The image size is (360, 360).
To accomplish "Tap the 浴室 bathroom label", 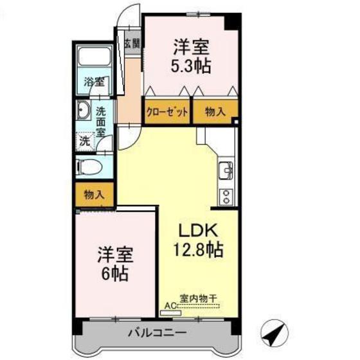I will (94, 82).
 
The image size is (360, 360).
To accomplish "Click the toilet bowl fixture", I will (88, 168).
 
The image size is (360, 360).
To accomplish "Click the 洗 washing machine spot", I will (84, 139).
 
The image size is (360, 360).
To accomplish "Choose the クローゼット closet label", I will (166, 111).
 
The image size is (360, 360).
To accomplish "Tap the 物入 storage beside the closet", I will (215, 111).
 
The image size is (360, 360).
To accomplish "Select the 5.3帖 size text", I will (191, 65).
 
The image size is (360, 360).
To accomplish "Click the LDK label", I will (199, 231).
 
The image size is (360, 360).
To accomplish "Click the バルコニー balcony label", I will (156, 334).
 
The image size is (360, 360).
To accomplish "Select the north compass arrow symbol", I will (275, 332).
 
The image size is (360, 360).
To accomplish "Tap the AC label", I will (170, 306).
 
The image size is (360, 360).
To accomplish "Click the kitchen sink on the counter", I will (226, 171).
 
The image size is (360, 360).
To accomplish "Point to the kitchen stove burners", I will (226, 195).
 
